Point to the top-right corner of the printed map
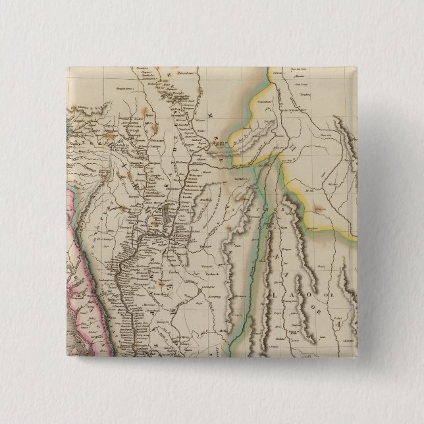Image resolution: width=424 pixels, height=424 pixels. click(356, 66)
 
